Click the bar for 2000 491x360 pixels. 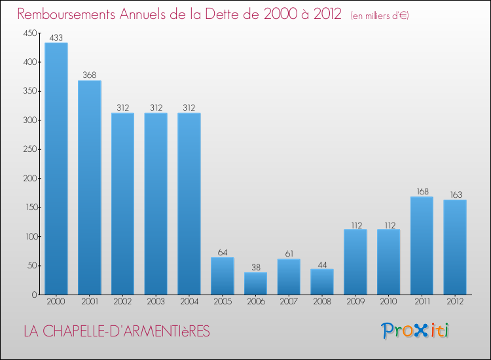pos(56,169)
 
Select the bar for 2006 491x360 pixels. pos(255,283)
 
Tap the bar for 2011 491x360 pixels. pos(422,245)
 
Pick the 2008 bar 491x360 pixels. pos(322,281)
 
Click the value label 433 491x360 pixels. pos(56,38)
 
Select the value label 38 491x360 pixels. pos(255,267)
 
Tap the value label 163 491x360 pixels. pos(455,194)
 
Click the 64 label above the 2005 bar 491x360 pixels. pos(223,252)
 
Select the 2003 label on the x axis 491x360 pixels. pos(156,302)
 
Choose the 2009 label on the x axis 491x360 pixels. pos(355,302)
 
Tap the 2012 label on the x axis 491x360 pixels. pos(455,302)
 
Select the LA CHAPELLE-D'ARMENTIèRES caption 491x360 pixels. pos(117,332)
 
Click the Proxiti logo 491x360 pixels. pos(415,331)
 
